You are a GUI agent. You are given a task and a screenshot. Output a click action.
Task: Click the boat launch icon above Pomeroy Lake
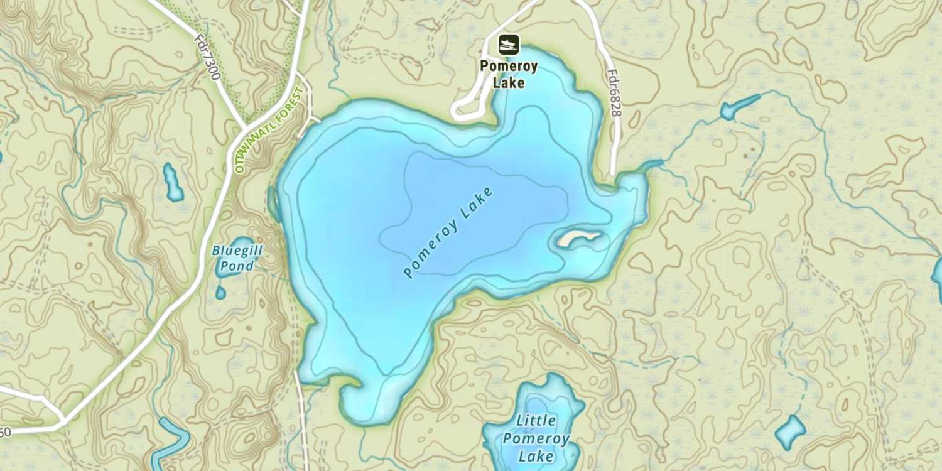(509, 45)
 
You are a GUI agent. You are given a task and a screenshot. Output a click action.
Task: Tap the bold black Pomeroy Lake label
(509, 73)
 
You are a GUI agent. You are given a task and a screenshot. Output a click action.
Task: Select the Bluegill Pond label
(236, 257)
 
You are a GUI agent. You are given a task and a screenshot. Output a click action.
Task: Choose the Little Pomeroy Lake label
(536, 438)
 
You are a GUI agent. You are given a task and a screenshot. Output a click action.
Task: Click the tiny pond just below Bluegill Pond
(220, 292)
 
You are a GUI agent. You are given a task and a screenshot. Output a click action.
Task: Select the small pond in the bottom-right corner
(790, 432)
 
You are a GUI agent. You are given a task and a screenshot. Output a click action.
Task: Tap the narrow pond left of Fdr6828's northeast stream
(738, 107)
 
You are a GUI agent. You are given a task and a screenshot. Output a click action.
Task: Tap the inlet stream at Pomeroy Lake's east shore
(650, 166)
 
